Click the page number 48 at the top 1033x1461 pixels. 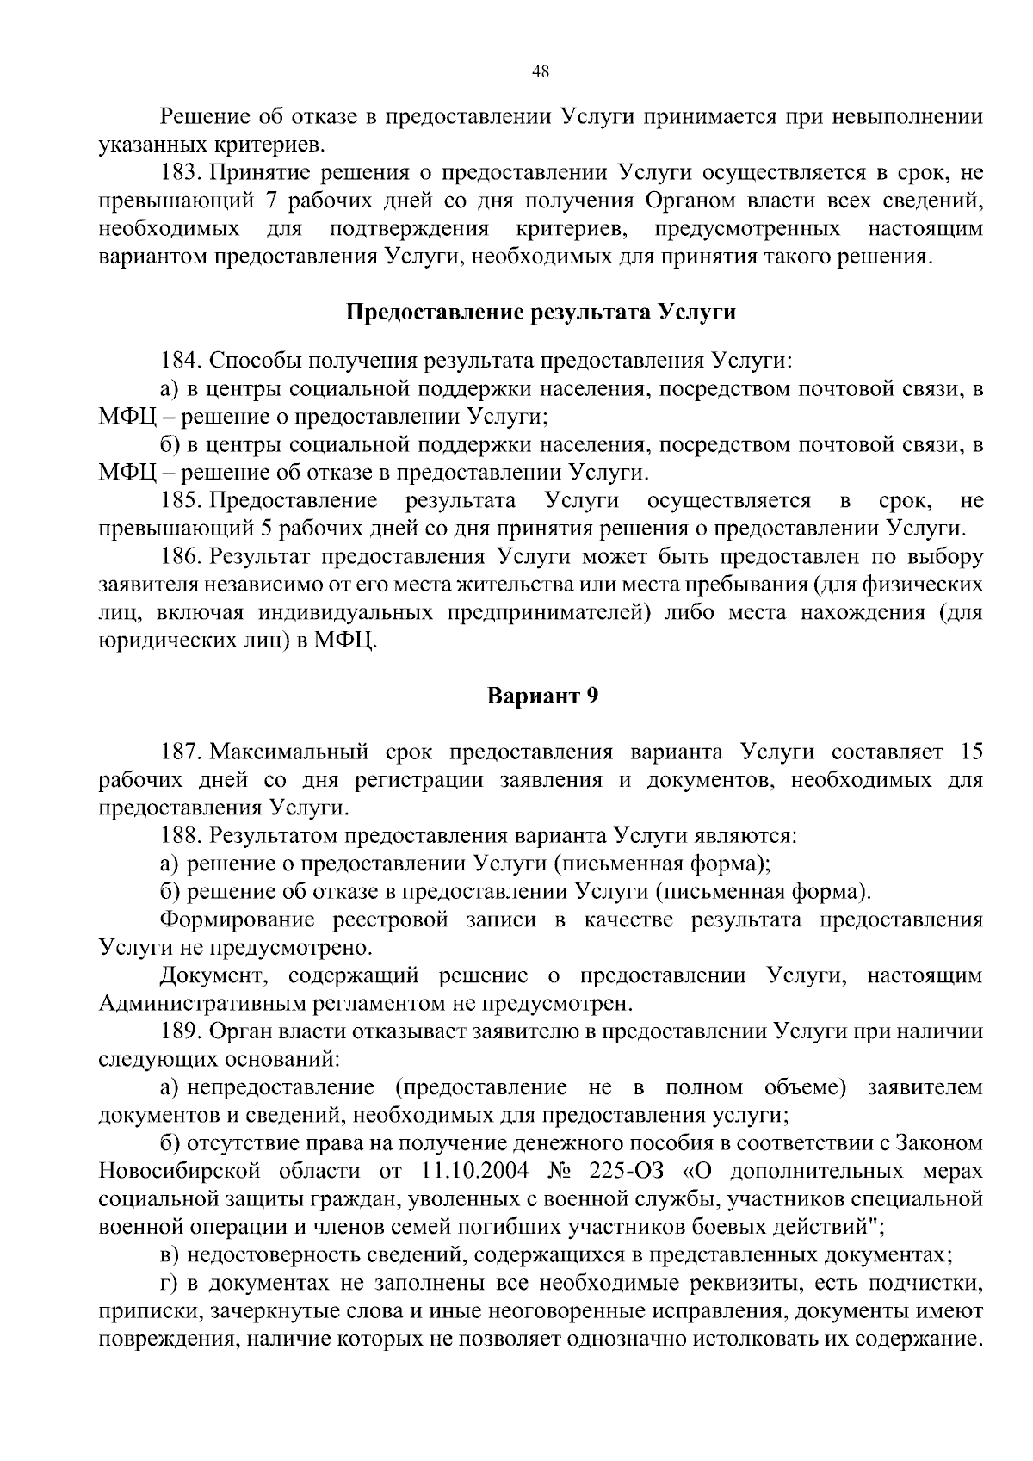[x=541, y=72]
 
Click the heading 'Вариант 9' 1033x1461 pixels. [x=542, y=696]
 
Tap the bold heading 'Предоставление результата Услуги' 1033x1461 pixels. [x=541, y=312]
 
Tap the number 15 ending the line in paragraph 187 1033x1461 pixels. [x=971, y=752]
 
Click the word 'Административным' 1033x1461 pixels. [x=192, y=1004]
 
